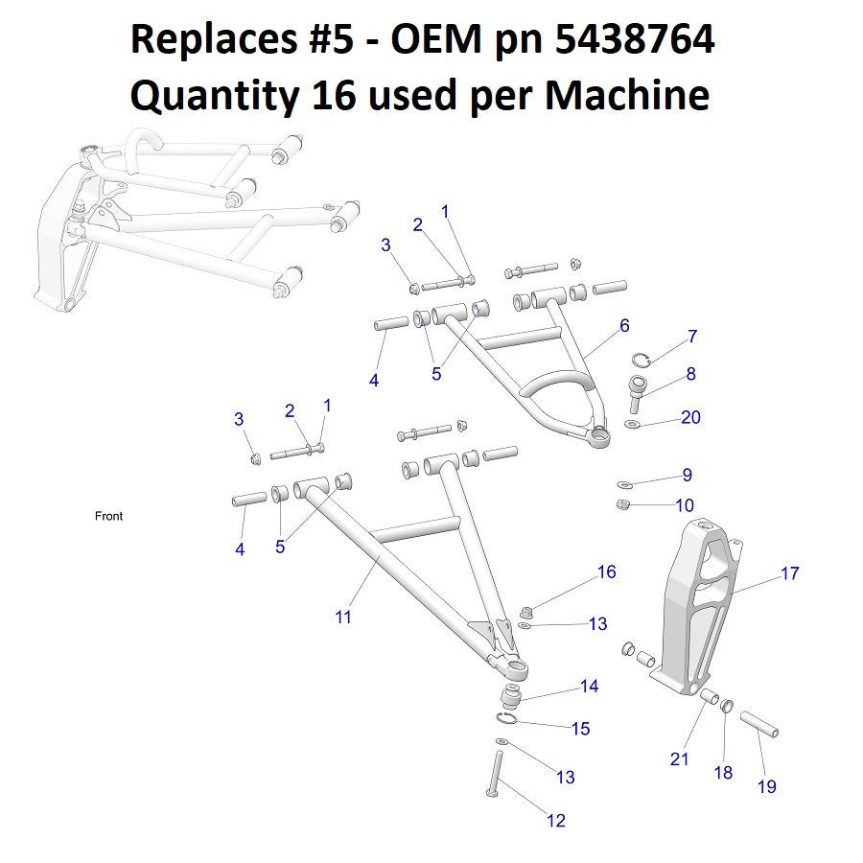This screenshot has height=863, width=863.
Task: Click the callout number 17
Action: click(789, 573)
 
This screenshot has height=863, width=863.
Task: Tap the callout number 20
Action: click(690, 417)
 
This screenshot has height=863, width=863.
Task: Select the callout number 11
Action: click(343, 618)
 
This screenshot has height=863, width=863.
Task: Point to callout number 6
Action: click(624, 326)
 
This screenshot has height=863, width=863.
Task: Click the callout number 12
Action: click(555, 820)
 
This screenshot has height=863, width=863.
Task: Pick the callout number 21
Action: click(680, 759)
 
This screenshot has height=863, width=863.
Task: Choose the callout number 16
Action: click(606, 572)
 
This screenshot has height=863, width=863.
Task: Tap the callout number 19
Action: click(767, 787)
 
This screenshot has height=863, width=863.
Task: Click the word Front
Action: click(108, 516)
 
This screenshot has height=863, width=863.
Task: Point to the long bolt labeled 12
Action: click(497, 773)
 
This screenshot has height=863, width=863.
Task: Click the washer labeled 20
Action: click(630, 424)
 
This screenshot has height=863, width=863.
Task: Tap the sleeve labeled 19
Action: click(758, 723)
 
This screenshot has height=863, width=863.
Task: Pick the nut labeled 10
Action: click(621, 505)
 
